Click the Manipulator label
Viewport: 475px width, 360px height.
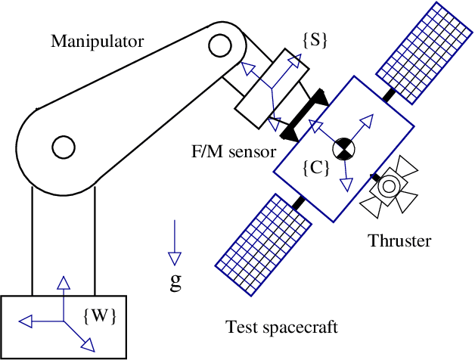(x=96, y=41)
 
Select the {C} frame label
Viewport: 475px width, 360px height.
(x=315, y=168)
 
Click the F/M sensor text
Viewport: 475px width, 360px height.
(x=233, y=151)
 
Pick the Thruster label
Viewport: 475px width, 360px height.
(x=399, y=241)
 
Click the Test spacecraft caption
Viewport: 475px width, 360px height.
(x=281, y=327)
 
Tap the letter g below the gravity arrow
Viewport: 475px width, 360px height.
(x=175, y=282)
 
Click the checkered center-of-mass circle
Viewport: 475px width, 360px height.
(x=343, y=150)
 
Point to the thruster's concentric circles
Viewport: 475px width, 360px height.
(x=391, y=186)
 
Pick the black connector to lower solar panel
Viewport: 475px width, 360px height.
(x=299, y=203)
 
